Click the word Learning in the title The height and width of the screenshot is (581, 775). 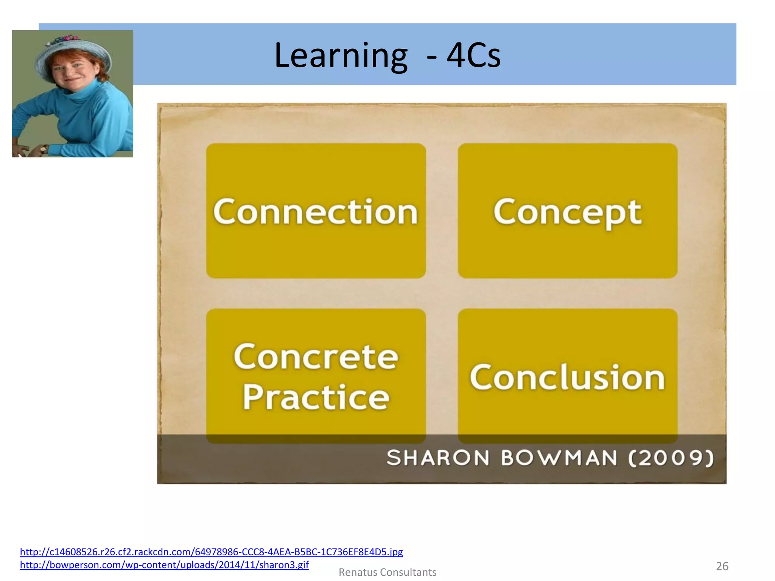point(341,56)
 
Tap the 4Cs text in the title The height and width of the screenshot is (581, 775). point(473,56)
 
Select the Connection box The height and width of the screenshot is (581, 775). point(316,211)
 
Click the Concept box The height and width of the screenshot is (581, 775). point(567,211)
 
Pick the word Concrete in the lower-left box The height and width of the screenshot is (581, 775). point(316,356)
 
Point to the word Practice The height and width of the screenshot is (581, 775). point(316,397)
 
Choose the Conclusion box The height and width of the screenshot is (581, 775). point(567,376)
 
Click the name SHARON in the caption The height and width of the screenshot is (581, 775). point(438,458)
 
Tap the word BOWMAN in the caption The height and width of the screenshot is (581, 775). point(559,458)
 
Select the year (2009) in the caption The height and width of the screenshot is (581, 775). point(671,458)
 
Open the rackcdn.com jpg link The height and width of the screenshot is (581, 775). point(211,552)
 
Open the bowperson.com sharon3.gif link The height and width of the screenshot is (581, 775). point(164,565)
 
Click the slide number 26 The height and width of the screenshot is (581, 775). point(722,566)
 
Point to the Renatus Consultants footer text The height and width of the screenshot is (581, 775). point(387,572)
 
